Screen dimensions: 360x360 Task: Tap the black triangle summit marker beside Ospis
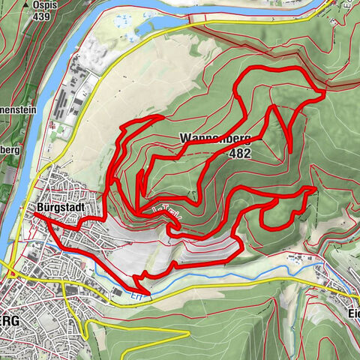pyautogui.click(x=26, y=4)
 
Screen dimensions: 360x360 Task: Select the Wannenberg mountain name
pyautogui.click(x=214, y=139)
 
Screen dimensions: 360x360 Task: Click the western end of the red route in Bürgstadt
pyautogui.click(x=34, y=215)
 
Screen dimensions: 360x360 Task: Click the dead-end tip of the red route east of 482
pyautogui.click(x=290, y=152)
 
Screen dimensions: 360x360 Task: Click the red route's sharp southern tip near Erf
pyautogui.click(x=146, y=291)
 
